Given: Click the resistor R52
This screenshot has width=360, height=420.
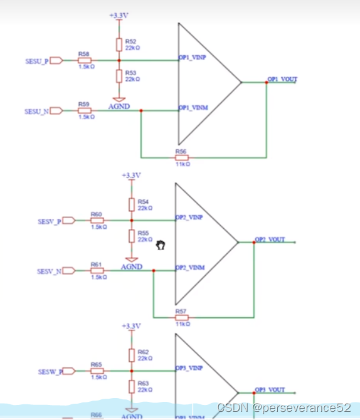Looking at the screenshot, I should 119,45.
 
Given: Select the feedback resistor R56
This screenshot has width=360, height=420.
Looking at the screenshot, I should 181,157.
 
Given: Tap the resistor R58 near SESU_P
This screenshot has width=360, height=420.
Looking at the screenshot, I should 84,60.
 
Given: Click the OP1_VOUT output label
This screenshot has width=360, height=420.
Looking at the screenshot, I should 282,80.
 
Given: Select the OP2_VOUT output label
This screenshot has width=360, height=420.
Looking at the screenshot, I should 270,239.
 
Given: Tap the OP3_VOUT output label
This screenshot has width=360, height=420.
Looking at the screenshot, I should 270,390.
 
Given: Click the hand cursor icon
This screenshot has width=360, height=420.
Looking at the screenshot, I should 161,246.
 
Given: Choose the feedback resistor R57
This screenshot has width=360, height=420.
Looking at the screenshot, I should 181,317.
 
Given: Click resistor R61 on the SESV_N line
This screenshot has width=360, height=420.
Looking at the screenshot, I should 97,271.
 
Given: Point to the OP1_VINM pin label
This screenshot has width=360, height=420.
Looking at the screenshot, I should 193,108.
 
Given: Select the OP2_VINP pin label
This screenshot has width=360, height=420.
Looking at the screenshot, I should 190,217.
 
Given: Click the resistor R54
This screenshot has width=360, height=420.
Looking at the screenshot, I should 131,204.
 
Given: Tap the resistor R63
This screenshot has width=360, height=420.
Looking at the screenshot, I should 131,385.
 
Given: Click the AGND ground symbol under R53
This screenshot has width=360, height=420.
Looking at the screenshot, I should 119,99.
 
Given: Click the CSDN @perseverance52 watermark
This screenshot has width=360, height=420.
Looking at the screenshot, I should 284,408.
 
